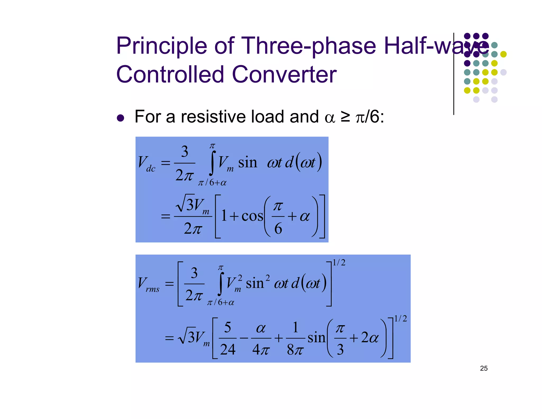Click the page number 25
pyautogui.click(x=484, y=368)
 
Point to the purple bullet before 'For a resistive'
pyautogui.click(x=120, y=118)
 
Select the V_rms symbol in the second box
pyautogui.click(x=148, y=284)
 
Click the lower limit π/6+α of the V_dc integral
pyautogui.click(x=212, y=182)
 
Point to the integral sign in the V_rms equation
pyautogui.click(x=221, y=284)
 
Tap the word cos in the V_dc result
pyautogui.click(x=252, y=216)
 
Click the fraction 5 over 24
pyautogui.click(x=228, y=338)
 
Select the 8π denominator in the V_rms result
pyautogui.click(x=295, y=350)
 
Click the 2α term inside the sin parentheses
pyautogui.click(x=370, y=338)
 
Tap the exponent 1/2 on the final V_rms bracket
pyautogui.click(x=400, y=318)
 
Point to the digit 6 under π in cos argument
pyautogui.click(x=278, y=228)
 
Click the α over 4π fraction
pyautogui.click(x=261, y=338)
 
